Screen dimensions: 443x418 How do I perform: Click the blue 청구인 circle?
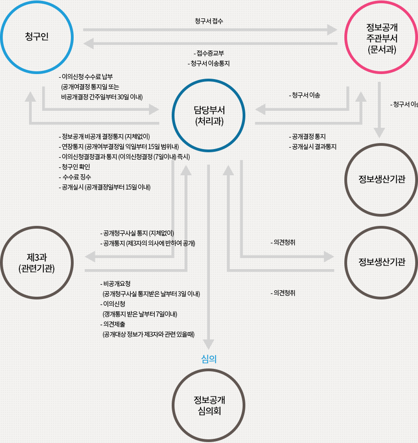point(37,37)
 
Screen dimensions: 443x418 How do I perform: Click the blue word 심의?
point(209,359)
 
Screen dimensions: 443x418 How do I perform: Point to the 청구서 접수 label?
point(209,21)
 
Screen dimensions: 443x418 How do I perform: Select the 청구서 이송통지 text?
point(209,63)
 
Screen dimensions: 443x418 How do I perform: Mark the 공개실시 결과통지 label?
point(313,147)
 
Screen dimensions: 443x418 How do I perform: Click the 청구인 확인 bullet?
point(75,167)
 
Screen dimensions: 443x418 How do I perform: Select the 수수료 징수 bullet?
point(75,177)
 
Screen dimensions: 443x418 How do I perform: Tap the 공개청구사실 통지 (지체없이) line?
point(137,233)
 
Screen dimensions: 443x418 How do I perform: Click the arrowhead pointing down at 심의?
point(209,344)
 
